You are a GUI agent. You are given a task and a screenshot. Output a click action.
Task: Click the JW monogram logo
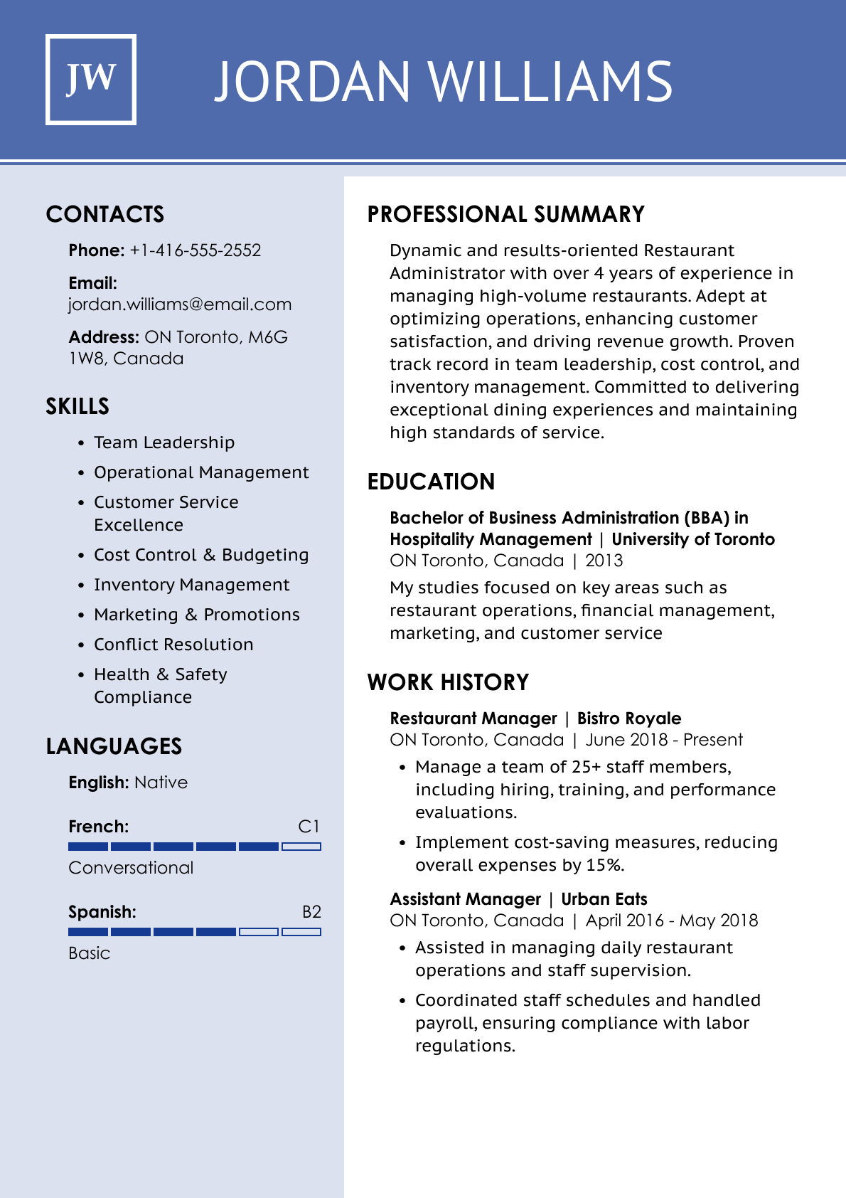(x=91, y=80)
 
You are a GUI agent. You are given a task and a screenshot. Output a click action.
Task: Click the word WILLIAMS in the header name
(x=551, y=81)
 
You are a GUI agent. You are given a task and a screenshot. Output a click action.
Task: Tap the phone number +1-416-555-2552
(x=195, y=250)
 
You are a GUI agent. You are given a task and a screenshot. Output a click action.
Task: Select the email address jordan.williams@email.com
(x=180, y=304)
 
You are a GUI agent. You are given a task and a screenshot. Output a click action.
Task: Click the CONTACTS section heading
(x=105, y=214)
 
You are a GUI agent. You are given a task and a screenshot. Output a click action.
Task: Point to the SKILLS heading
(x=77, y=406)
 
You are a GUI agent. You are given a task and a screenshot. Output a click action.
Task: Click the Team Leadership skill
(x=164, y=442)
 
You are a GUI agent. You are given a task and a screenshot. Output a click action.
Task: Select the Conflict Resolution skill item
(x=173, y=645)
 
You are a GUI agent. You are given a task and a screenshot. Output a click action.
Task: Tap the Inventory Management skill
(x=191, y=585)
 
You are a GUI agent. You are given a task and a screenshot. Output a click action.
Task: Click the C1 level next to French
(x=309, y=827)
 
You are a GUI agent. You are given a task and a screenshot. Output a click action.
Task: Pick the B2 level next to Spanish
(x=311, y=912)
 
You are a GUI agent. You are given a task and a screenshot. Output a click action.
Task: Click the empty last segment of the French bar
(x=301, y=847)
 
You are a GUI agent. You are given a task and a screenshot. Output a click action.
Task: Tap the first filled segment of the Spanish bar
(x=88, y=932)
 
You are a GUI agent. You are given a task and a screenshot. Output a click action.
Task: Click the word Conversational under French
(x=131, y=868)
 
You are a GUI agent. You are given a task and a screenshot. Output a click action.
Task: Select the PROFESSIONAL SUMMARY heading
(x=505, y=214)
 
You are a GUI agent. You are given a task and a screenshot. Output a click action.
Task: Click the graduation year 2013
(x=604, y=561)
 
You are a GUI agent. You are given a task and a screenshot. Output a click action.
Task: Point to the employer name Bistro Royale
(x=628, y=719)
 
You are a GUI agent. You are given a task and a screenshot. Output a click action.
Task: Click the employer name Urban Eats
(x=604, y=899)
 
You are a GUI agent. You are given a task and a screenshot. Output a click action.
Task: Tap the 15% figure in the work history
(x=604, y=865)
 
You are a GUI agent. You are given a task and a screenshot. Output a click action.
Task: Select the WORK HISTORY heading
(x=448, y=682)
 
